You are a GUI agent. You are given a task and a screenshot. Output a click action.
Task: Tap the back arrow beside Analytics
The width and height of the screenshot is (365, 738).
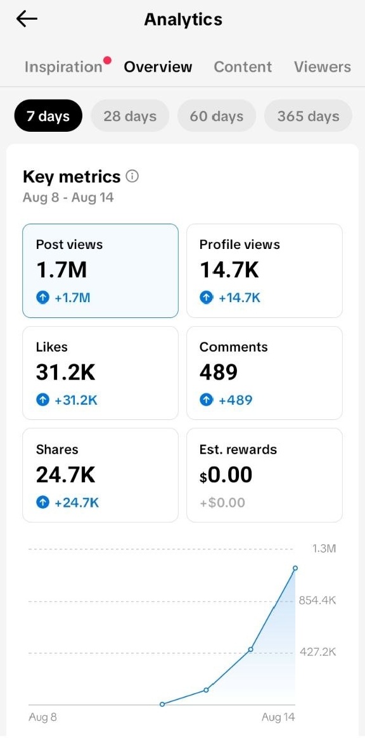click(27, 19)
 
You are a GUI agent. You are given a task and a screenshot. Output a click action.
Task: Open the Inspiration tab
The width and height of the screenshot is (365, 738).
click(63, 67)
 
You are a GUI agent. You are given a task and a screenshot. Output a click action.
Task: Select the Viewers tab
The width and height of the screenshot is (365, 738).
click(322, 67)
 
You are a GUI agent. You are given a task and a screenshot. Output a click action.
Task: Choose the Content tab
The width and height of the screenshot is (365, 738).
click(243, 67)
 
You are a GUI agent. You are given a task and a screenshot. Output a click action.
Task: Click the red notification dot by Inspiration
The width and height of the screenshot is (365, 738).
click(108, 60)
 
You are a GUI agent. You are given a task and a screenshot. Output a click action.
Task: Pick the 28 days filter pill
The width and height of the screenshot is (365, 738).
click(129, 116)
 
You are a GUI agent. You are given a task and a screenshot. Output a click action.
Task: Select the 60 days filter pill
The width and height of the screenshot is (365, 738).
click(217, 116)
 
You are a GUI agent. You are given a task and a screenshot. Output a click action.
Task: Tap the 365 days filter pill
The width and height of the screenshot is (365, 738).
click(308, 116)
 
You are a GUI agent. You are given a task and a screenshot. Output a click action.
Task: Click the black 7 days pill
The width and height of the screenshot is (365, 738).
click(48, 116)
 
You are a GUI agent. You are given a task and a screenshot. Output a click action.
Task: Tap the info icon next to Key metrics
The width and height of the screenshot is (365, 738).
click(132, 177)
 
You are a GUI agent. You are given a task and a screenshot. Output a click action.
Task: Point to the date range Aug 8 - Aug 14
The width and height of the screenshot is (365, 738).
click(68, 197)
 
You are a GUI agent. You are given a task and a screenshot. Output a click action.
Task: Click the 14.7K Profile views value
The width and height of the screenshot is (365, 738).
click(229, 270)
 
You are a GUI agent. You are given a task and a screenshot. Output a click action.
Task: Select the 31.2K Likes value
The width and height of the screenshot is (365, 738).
click(65, 372)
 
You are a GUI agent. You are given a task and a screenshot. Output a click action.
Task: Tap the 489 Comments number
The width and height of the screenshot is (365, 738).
click(219, 372)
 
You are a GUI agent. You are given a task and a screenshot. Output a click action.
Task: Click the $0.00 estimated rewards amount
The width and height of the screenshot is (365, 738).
click(226, 475)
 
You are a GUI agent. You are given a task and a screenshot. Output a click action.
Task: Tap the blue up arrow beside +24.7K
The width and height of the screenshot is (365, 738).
click(43, 503)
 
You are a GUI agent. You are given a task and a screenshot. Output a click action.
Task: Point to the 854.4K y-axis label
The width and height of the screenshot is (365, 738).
click(317, 601)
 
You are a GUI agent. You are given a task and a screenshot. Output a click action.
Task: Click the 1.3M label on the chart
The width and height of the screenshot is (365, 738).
click(324, 549)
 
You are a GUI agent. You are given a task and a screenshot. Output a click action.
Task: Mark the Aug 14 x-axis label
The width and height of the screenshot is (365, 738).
click(278, 717)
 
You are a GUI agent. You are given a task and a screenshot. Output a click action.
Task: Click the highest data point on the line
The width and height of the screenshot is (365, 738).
click(295, 568)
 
